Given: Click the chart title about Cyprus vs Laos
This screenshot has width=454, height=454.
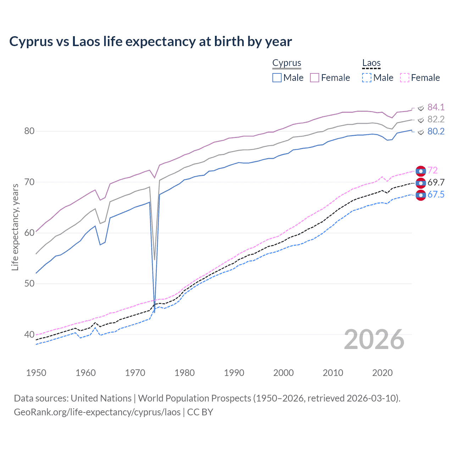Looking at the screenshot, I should pos(150,41).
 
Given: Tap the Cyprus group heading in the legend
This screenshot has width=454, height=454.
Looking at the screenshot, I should pos(287,63).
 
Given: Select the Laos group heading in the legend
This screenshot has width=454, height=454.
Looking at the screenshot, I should pos(371,63).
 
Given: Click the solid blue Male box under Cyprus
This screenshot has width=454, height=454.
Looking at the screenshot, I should pos(277,78).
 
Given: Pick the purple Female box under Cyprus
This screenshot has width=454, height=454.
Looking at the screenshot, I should pos(315,78).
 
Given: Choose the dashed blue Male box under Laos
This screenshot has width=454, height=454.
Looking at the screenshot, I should pos(367,78).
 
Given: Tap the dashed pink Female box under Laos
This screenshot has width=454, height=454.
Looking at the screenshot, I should pos(405,78).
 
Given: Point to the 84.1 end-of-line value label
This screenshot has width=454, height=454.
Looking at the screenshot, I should pos(436,107).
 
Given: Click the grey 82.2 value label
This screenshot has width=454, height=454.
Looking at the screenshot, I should pos(436,119).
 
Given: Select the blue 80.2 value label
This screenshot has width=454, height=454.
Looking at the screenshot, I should pos(436,132).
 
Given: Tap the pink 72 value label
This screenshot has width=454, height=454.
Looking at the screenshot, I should pos(432,171).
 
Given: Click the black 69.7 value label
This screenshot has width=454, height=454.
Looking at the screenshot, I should pos(436,183).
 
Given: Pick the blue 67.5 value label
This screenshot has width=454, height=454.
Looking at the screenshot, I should pos(436,195).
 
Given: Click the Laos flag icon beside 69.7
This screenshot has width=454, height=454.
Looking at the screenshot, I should pos(421,183).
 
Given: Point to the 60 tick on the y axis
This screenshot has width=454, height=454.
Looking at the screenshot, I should pos(29,233).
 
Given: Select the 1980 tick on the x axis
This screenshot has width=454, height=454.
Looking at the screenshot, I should pos(184,373).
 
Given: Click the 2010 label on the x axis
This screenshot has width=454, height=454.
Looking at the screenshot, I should pos(333,373).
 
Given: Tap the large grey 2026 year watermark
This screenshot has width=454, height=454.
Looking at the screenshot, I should pos(374,339).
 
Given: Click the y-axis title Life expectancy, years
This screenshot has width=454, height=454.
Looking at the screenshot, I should pos(15,227).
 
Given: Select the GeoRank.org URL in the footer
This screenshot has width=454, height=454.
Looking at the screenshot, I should pos(97,412).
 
